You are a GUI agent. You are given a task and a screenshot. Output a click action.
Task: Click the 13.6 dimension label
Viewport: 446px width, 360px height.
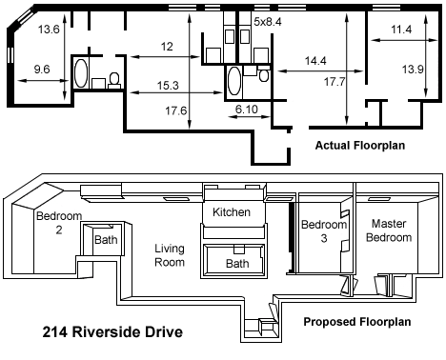coord(49,30)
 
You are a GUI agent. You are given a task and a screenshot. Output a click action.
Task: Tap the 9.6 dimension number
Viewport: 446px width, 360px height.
coord(42,70)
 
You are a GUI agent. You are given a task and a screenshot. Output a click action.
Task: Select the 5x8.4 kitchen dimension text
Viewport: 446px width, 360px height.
coord(268,22)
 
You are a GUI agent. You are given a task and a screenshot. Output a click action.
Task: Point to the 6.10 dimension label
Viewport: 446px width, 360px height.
coord(247,110)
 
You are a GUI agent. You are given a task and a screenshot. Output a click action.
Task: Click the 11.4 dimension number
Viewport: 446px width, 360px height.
coord(401,30)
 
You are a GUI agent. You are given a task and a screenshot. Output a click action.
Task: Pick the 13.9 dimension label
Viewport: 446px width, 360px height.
coord(413,69)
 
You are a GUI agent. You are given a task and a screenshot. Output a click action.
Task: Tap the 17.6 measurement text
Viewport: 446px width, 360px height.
coord(175,110)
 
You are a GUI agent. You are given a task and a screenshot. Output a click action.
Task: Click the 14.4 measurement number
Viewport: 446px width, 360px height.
coord(315,61)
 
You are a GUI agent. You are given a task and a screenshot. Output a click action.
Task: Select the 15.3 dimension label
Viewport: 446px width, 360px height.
coord(168,86)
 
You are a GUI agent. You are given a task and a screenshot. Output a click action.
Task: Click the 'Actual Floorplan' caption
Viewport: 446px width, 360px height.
coord(360,146)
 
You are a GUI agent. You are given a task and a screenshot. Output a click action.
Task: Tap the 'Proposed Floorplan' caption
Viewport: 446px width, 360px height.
coord(357,322)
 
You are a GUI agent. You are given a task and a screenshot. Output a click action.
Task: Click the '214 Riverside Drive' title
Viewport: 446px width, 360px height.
coord(112,332)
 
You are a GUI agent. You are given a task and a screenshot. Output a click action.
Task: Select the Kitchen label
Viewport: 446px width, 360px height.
coord(232,211)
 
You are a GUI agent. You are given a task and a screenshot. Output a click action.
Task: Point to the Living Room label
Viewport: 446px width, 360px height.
coord(170,255)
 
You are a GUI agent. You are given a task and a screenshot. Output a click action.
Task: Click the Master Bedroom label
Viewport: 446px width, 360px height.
coord(389,230)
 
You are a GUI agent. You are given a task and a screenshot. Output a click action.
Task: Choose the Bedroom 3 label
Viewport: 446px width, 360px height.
coord(324,231)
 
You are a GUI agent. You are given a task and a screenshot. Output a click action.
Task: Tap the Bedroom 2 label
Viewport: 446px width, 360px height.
coord(59,223)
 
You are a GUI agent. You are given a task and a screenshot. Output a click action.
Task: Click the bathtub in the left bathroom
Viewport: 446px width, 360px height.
coord(81,73)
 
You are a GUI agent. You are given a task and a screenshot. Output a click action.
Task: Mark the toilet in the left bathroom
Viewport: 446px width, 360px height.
coord(114,80)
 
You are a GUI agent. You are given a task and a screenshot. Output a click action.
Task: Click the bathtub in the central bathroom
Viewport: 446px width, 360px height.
coord(234,81)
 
